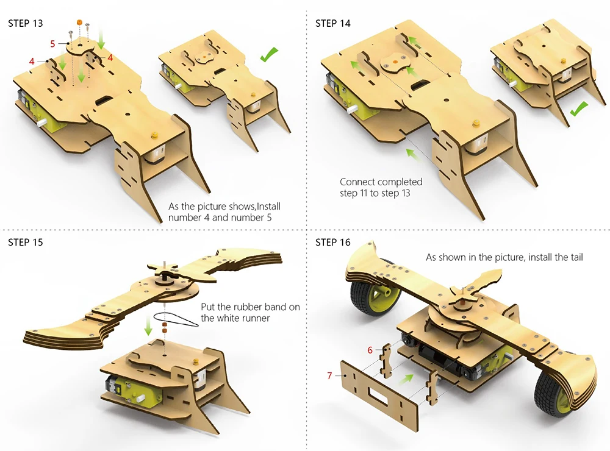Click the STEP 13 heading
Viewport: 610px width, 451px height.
pos(26,23)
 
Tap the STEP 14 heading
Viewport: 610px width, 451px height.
pos(333,23)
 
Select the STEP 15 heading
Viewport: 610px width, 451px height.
pos(26,242)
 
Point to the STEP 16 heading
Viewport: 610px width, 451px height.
pos(333,242)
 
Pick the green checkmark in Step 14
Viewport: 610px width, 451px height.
pos(578,110)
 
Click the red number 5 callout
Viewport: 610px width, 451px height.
pos(52,44)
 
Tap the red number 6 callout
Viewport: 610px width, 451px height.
pos(370,350)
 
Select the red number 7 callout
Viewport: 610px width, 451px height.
pos(329,375)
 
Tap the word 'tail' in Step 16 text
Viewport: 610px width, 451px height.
pos(575,257)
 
